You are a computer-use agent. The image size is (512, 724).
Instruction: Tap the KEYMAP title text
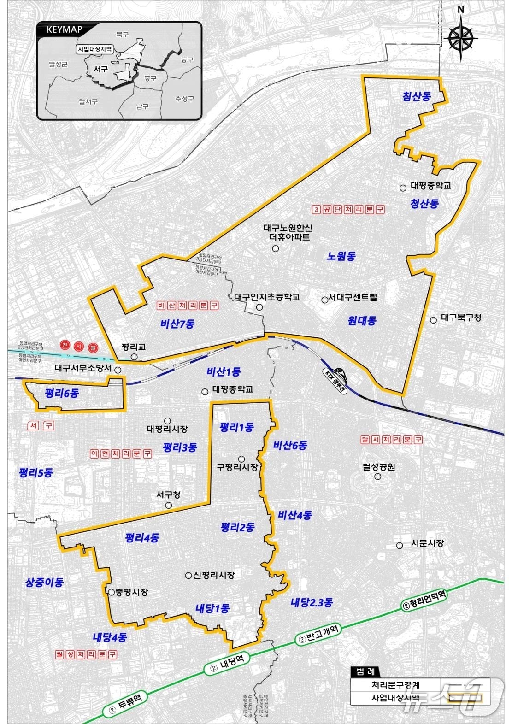coord(65,30)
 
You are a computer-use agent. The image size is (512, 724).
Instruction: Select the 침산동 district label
coord(417,96)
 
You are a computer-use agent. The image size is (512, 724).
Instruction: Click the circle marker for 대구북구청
coord(433,320)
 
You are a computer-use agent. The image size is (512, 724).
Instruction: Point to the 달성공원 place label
coord(379,467)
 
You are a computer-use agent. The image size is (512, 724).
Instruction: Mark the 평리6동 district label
coord(62,393)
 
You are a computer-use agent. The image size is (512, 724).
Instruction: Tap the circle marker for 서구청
coord(169,505)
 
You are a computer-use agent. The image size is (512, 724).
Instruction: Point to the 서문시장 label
coord(427,543)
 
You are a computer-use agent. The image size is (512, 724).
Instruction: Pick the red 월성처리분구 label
coord(86,654)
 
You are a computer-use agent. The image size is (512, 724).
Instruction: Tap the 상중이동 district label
coord(44,582)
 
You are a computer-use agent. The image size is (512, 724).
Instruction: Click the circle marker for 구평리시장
coord(241,459)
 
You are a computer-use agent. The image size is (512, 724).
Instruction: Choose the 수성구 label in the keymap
coord(184,99)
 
